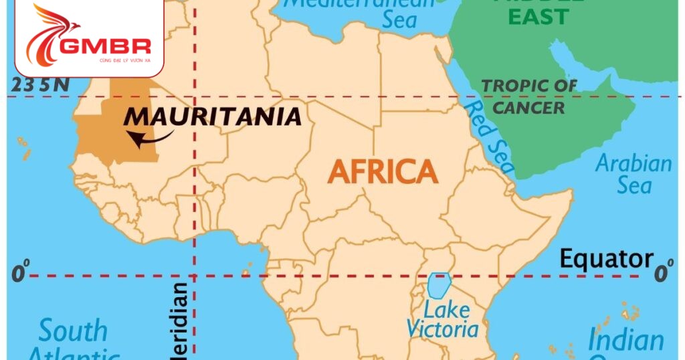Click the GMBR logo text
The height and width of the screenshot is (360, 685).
[x=107, y=47]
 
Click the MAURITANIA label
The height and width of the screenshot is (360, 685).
[x=213, y=116]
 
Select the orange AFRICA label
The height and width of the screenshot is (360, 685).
[x=383, y=172]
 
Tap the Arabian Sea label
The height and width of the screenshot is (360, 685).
[x=633, y=174]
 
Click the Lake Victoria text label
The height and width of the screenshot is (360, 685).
[x=443, y=320]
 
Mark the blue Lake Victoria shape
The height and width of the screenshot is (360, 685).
[x=439, y=285]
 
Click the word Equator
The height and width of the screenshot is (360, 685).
[x=606, y=259]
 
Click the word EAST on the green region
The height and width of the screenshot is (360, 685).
[x=540, y=16]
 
